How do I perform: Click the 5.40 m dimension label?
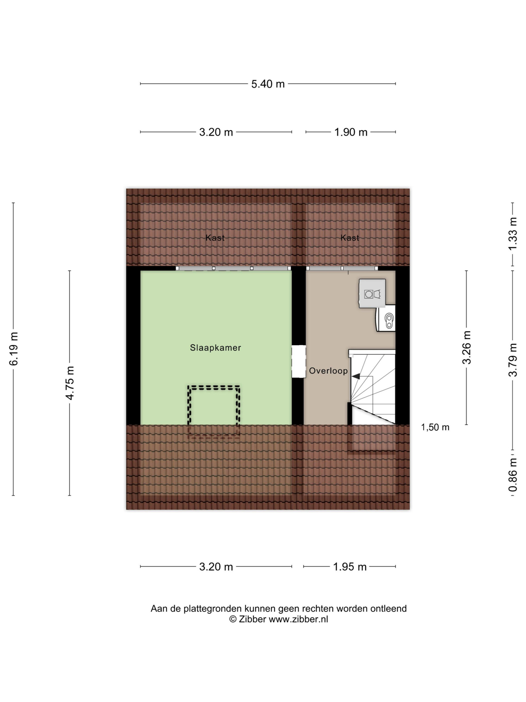(268, 84)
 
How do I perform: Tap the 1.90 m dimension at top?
(351, 132)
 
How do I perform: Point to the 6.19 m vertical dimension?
(14, 349)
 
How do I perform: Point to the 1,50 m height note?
(435, 428)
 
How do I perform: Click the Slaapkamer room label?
(215, 348)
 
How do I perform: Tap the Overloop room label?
(328, 371)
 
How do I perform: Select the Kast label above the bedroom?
(215, 238)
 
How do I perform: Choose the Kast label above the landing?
(350, 238)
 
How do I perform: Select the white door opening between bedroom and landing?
(299, 361)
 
